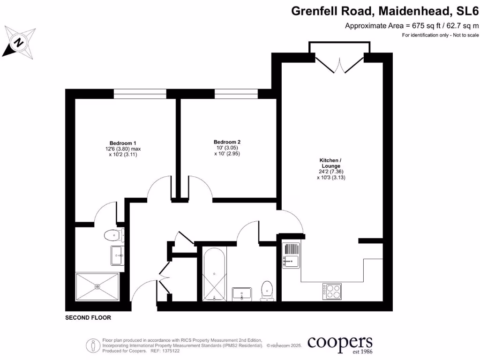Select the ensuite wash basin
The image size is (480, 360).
click(117, 255)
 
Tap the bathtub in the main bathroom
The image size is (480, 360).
click(215, 274)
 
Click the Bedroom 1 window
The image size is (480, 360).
click(139, 94)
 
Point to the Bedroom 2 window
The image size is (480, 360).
click(236, 94)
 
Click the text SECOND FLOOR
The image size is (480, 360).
click(88, 318)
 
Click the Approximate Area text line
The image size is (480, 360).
click(412, 26)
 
